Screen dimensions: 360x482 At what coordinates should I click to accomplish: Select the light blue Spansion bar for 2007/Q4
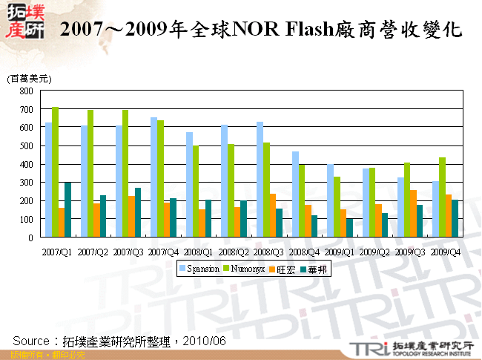(x=153, y=177)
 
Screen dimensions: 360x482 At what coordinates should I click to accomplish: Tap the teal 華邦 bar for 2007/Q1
(x=68, y=209)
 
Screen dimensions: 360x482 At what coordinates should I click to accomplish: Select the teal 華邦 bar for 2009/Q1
(x=350, y=228)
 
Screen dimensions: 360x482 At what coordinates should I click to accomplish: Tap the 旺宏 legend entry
(x=285, y=270)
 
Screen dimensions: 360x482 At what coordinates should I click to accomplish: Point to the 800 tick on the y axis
(x=26, y=91)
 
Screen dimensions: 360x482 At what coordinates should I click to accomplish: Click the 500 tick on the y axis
(x=26, y=146)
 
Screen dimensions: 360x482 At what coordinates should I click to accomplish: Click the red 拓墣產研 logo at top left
(x=24, y=22)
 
